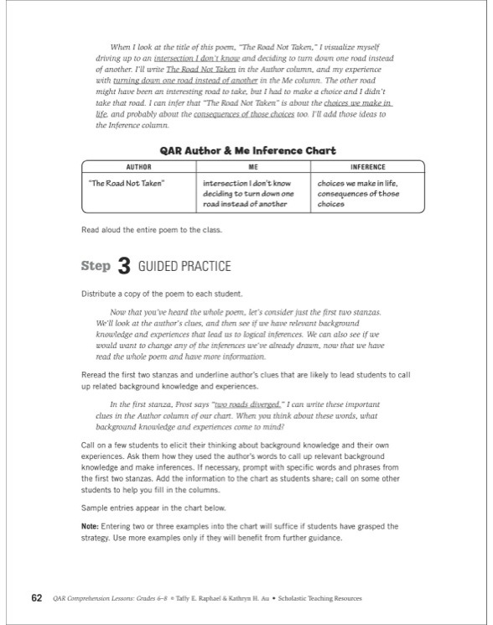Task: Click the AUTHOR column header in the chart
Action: click(138, 167)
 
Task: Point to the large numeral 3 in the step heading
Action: click(123, 267)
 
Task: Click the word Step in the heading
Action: click(96, 267)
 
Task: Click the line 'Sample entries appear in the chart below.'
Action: click(151, 508)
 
